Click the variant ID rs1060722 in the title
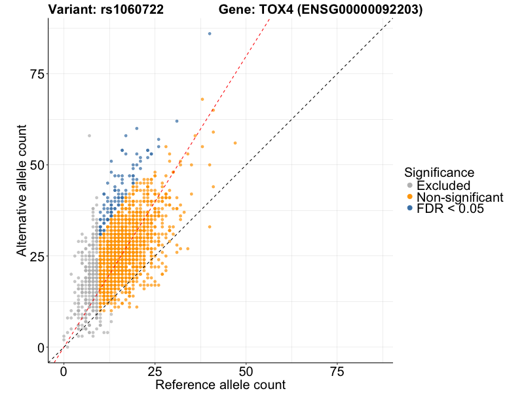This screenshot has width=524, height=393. [128, 10]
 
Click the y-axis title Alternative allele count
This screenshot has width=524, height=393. [22, 190]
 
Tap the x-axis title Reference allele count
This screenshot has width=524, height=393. [220, 384]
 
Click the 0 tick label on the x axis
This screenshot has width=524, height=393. [64, 371]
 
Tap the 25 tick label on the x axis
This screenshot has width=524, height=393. [155, 371]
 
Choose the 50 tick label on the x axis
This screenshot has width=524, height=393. [246, 371]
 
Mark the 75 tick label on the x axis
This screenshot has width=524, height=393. [337, 371]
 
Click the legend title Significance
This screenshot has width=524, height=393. [439, 173]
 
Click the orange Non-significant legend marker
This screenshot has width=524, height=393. [409, 197]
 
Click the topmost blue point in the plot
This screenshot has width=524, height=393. [210, 33]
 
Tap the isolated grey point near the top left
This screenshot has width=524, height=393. [89, 136]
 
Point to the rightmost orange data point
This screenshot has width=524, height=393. [235, 143]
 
